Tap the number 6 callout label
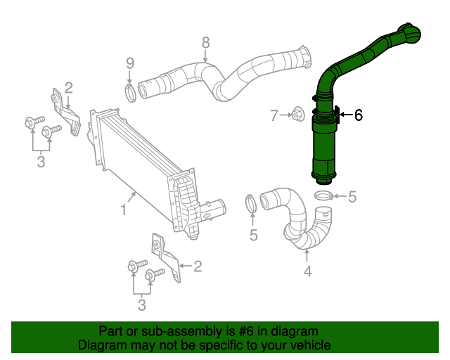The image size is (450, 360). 359,115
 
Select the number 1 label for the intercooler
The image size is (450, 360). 123,210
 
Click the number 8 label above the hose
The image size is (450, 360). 205,42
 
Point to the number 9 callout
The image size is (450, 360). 129,63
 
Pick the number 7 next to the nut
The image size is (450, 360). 275,115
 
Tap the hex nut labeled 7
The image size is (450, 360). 296,113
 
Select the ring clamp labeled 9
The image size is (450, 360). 131,92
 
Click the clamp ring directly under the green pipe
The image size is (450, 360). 323,195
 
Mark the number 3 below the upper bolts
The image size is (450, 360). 41,162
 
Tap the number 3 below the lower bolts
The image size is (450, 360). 141,304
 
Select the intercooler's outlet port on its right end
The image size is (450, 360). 216,208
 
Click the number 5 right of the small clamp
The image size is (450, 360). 352,197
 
